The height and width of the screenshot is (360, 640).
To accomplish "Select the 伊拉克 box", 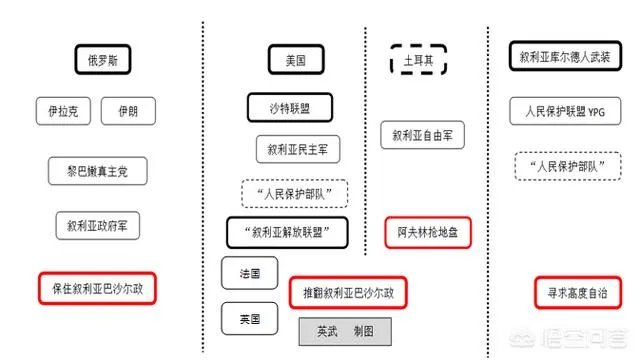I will tap(63, 110).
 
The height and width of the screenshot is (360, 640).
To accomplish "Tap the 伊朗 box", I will tap(127, 110).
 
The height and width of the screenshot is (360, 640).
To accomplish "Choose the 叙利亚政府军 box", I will tap(97, 225).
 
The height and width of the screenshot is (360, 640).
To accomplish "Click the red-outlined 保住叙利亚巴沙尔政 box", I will tap(98, 290).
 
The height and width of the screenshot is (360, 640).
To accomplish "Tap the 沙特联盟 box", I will tap(289, 107).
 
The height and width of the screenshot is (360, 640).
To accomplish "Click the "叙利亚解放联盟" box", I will tap(292, 233).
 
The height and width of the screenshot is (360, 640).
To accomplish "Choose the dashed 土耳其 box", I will tap(417, 60).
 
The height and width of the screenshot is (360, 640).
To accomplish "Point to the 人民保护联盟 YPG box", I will tap(565, 110).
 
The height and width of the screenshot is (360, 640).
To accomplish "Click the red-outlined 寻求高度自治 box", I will tap(577, 293).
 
